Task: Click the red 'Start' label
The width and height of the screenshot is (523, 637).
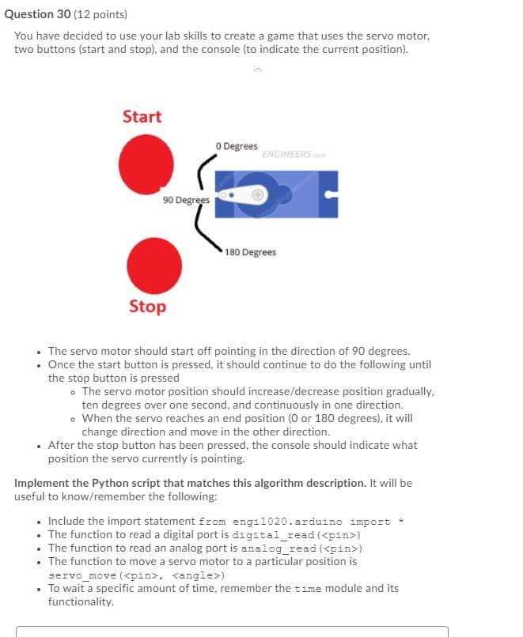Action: tap(142, 117)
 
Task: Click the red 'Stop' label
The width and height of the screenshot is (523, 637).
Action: tap(147, 307)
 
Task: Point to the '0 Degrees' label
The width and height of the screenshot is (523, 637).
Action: tap(236, 146)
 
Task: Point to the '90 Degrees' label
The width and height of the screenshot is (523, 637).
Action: tap(186, 200)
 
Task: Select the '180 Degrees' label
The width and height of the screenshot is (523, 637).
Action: tap(250, 252)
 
